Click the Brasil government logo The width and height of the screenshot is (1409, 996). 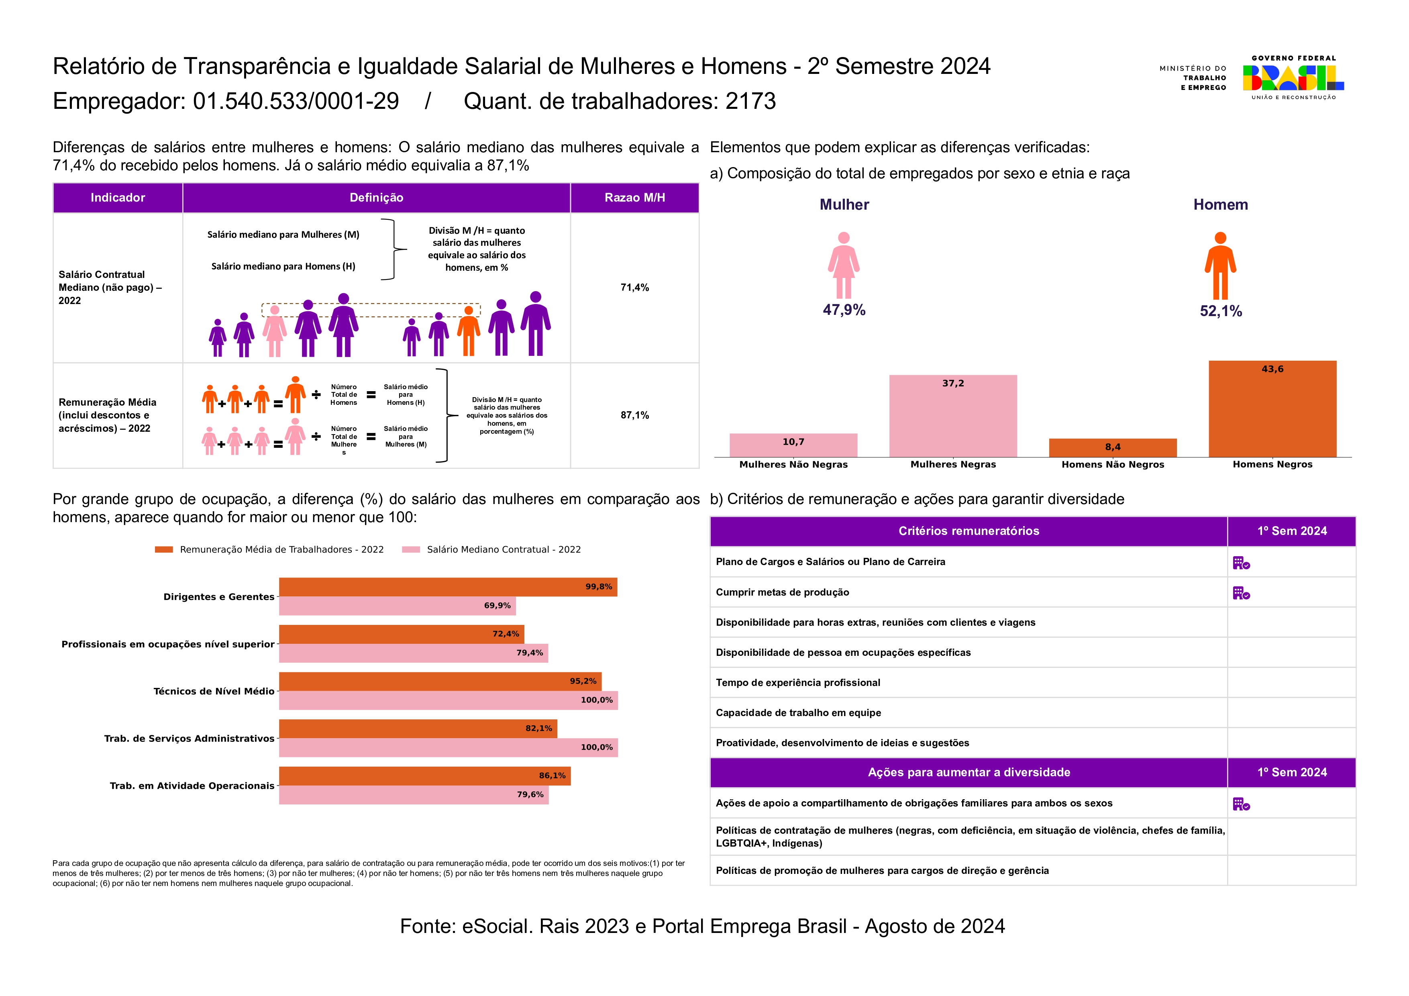(1293, 78)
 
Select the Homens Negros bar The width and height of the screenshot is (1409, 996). (1272, 411)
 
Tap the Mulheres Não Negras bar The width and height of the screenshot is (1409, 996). (793, 445)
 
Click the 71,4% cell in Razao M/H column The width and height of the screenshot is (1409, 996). (634, 287)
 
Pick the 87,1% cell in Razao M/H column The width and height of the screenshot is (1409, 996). (634, 415)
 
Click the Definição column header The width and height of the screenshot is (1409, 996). (376, 198)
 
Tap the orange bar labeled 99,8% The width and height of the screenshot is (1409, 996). (448, 587)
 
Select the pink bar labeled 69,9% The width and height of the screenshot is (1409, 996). (397, 606)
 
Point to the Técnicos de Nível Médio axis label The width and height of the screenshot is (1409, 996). (214, 692)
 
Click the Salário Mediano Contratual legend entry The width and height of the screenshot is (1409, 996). (503, 550)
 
